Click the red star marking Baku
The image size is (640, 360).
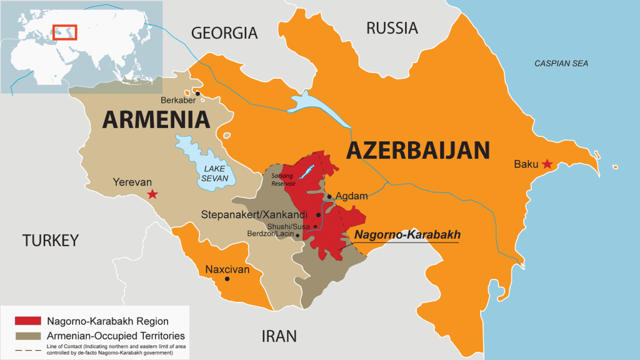(547, 164)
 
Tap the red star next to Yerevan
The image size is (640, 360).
(152, 195)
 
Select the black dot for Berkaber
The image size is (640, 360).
(197, 94)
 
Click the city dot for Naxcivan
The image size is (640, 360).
(227, 279)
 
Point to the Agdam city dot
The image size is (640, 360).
(329, 196)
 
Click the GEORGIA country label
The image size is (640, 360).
(224, 33)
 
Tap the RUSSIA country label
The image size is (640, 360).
(392, 28)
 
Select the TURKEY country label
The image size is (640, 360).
(51, 240)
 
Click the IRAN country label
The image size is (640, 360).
(278, 336)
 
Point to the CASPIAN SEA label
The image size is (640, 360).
(561, 64)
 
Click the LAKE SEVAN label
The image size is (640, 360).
(211, 172)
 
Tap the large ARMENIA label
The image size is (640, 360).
(156, 119)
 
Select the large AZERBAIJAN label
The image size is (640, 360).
(417, 151)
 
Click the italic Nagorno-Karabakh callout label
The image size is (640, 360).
(407, 235)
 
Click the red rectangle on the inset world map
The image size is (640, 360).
(64, 32)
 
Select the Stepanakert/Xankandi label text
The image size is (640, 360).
(257, 214)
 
